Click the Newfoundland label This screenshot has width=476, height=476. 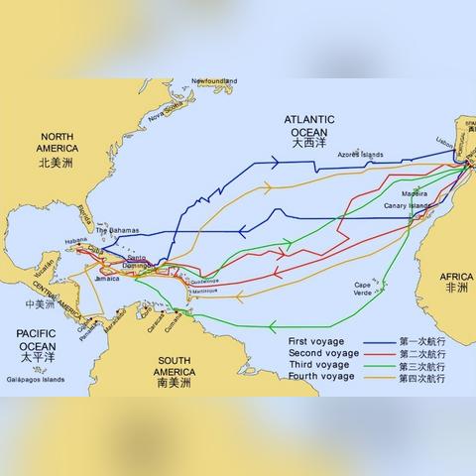click(x=214, y=80)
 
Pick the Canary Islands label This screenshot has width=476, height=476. click(x=408, y=206)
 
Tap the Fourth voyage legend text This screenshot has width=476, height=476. click(x=320, y=378)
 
